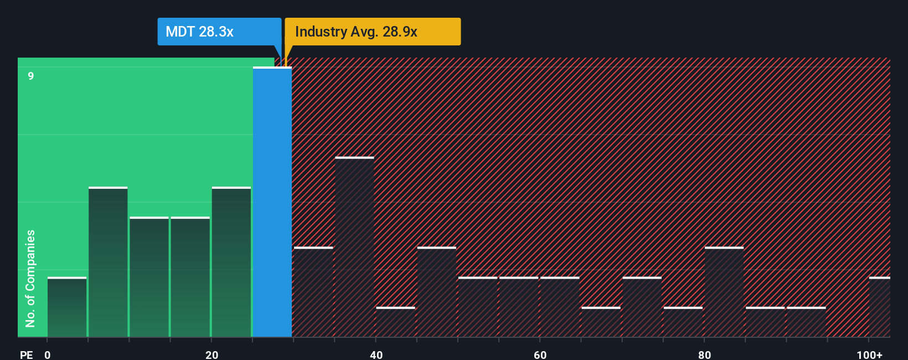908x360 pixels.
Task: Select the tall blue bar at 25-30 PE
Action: pyautogui.click(x=272, y=202)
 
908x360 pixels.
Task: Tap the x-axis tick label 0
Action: pyautogui.click(x=48, y=354)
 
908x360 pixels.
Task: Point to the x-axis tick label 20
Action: pyautogui.click(x=211, y=354)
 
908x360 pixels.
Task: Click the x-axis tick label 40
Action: pyautogui.click(x=376, y=354)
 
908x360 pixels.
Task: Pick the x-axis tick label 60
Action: pyautogui.click(x=540, y=354)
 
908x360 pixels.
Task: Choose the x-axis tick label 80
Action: pyautogui.click(x=704, y=354)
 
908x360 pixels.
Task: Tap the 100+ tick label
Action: pyautogui.click(x=869, y=354)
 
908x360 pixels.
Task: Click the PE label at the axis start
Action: pyautogui.click(x=26, y=354)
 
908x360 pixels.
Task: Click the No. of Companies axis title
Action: pyautogui.click(x=30, y=278)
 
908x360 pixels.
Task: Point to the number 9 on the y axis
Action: pyautogui.click(x=31, y=76)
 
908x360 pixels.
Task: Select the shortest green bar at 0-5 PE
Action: pyautogui.click(x=67, y=307)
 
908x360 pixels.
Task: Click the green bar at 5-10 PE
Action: pyautogui.click(x=108, y=262)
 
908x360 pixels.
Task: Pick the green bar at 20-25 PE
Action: pyautogui.click(x=231, y=262)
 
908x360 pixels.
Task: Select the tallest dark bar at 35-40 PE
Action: pyautogui.click(x=354, y=247)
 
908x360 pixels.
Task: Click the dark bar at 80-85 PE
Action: pyautogui.click(x=724, y=292)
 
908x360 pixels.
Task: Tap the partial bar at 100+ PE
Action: pyautogui.click(x=879, y=307)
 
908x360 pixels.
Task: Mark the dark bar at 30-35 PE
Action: pyautogui.click(x=313, y=292)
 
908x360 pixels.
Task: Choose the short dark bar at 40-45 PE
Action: pyautogui.click(x=395, y=322)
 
